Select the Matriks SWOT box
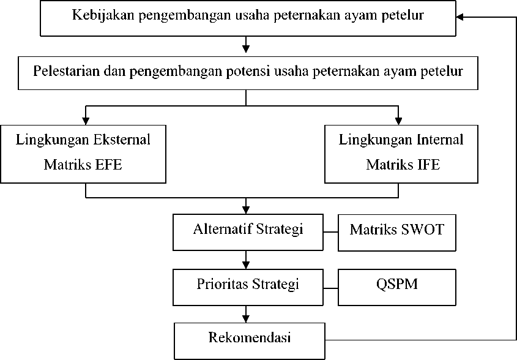pyautogui.click(x=397, y=233)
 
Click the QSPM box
pyautogui.click(x=397, y=287)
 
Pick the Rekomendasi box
pyautogui.click(x=250, y=341)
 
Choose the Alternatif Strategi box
pyautogui.click(x=248, y=232)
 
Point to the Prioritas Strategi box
pyautogui.click(x=248, y=287)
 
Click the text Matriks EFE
pyautogui.click(x=83, y=164)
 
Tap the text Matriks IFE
pyautogui.click(x=403, y=164)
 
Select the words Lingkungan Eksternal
pyautogui.click(x=83, y=140)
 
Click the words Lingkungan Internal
pyautogui.click(x=401, y=140)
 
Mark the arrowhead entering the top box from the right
pyautogui.click(x=459, y=17)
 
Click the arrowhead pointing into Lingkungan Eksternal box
pyautogui.click(x=86, y=121)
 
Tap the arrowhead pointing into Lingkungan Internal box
pyautogui.click(x=398, y=121)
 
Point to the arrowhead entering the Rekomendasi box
pyautogui.click(x=245, y=319)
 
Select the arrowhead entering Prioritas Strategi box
pyautogui.click(x=245, y=265)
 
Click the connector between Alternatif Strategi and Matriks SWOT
pyautogui.click(x=331, y=232)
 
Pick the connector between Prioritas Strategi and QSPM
pyautogui.click(x=331, y=288)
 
